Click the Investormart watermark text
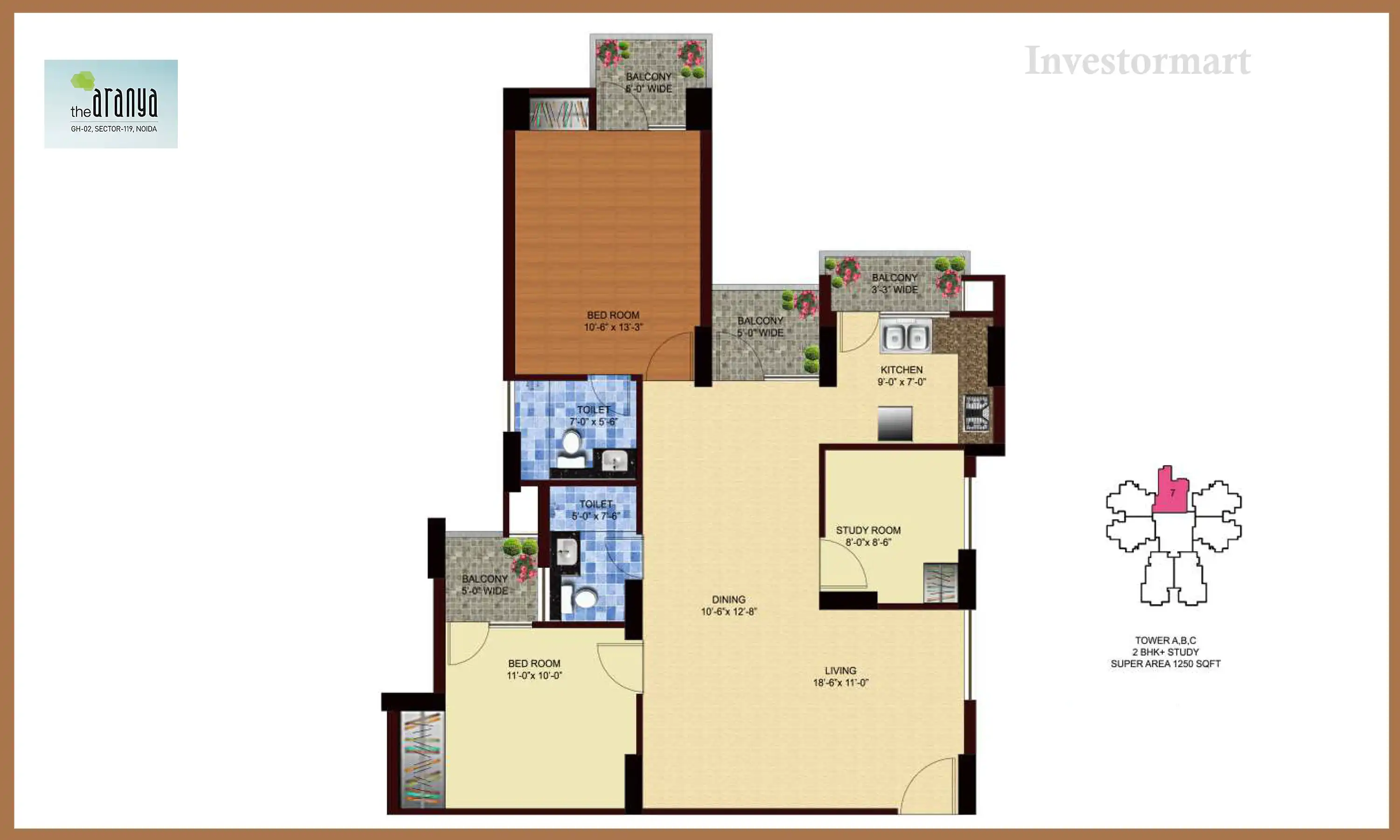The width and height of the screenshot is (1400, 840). (x=1137, y=61)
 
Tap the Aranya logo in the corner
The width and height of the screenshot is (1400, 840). (x=111, y=104)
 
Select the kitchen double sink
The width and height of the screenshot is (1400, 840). (x=905, y=336)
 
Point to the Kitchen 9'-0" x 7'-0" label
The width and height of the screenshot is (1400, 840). (x=902, y=376)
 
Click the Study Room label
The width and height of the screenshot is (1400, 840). (x=868, y=535)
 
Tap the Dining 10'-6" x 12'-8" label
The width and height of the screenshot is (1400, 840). (x=729, y=605)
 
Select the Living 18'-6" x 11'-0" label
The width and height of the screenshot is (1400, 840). (x=840, y=676)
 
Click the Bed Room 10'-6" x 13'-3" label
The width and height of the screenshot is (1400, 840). (x=613, y=321)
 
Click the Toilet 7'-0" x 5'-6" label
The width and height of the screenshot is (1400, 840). (x=594, y=415)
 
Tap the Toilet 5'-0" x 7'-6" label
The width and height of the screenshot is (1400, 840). (x=596, y=510)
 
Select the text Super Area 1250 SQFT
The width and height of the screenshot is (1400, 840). (x=1165, y=664)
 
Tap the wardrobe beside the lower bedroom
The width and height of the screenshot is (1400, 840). (x=422, y=758)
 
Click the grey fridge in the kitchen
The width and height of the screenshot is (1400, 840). (x=895, y=423)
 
